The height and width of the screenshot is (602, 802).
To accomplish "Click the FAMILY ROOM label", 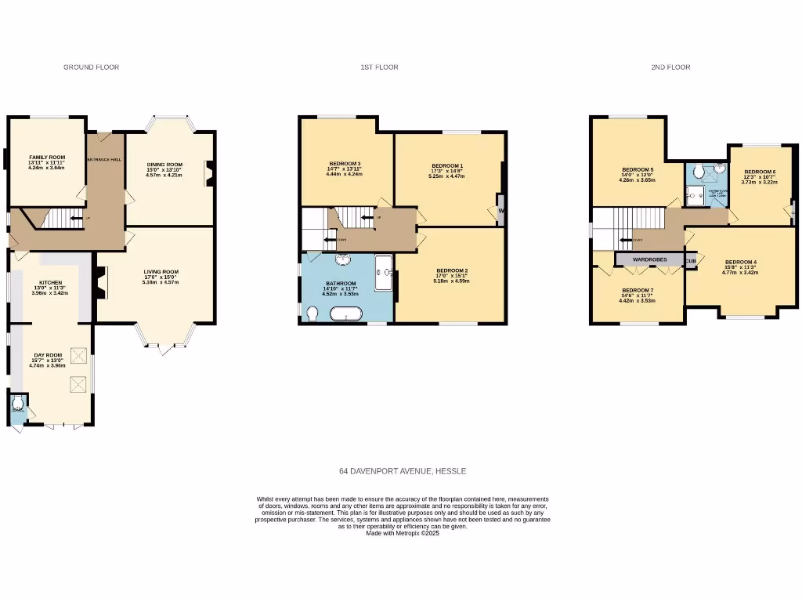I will click(x=46, y=158).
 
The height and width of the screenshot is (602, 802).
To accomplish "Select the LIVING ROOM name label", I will click(x=161, y=272).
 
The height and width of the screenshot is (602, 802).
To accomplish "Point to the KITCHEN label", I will click(x=51, y=283).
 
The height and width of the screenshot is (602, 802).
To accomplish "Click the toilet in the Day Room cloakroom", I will click(x=19, y=405).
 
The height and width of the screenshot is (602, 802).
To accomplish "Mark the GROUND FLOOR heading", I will click(x=91, y=67).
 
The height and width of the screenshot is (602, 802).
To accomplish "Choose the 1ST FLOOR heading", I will click(x=379, y=67).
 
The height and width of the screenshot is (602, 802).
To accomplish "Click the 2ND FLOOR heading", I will click(x=670, y=67).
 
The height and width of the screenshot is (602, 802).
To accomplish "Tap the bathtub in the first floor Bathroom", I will click(x=345, y=314).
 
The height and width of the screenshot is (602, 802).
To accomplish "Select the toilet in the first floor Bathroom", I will click(x=312, y=314).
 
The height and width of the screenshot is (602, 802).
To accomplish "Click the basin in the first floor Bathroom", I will click(x=344, y=261).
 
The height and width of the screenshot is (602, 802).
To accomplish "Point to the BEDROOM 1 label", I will click(x=447, y=166).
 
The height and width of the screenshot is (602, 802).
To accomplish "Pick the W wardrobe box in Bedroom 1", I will click(x=500, y=210).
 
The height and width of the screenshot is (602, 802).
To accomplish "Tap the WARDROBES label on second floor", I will click(x=649, y=259).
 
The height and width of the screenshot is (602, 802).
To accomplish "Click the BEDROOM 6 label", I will click(x=759, y=172).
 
